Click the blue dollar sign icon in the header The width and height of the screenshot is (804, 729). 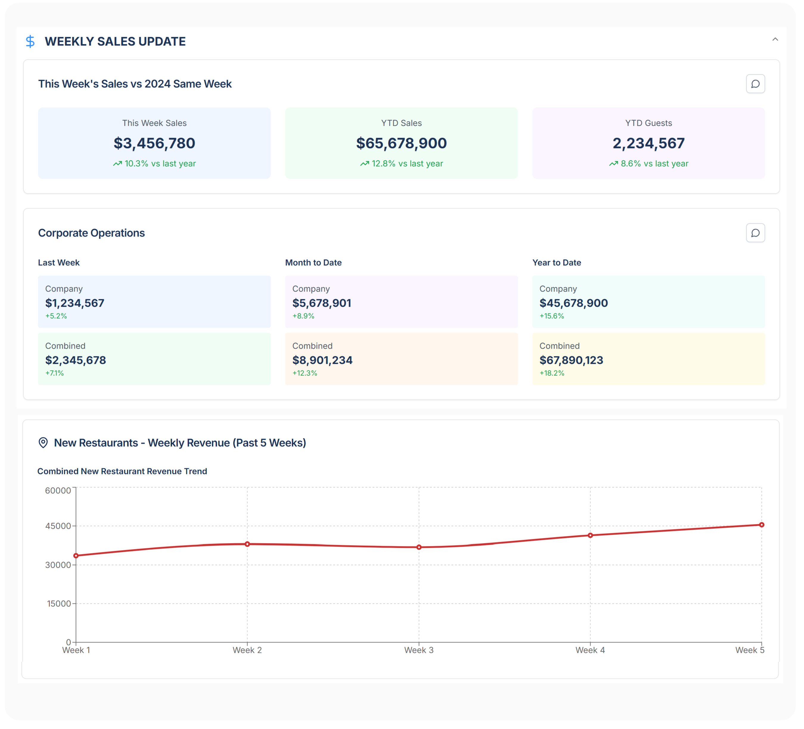(x=30, y=41)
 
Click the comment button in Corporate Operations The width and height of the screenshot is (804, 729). (x=755, y=233)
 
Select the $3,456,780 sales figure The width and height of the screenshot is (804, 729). (x=154, y=143)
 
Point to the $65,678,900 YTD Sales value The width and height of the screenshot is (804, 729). (x=401, y=143)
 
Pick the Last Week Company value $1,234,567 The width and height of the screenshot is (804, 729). (x=74, y=303)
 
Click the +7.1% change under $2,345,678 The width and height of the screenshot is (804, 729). (x=54, y=373)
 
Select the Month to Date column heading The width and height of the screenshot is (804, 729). (x=313, y=263)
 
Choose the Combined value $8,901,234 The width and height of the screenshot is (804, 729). (x=322, y=360)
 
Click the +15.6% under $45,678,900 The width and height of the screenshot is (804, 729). (x=551, y=316)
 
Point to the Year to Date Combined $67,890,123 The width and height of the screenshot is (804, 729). (x=571, y=360)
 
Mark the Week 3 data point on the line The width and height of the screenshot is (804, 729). (x=419, y=547)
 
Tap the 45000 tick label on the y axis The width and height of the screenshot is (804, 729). (x=58, y=526)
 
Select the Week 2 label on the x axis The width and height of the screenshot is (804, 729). (x=247, y=650)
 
